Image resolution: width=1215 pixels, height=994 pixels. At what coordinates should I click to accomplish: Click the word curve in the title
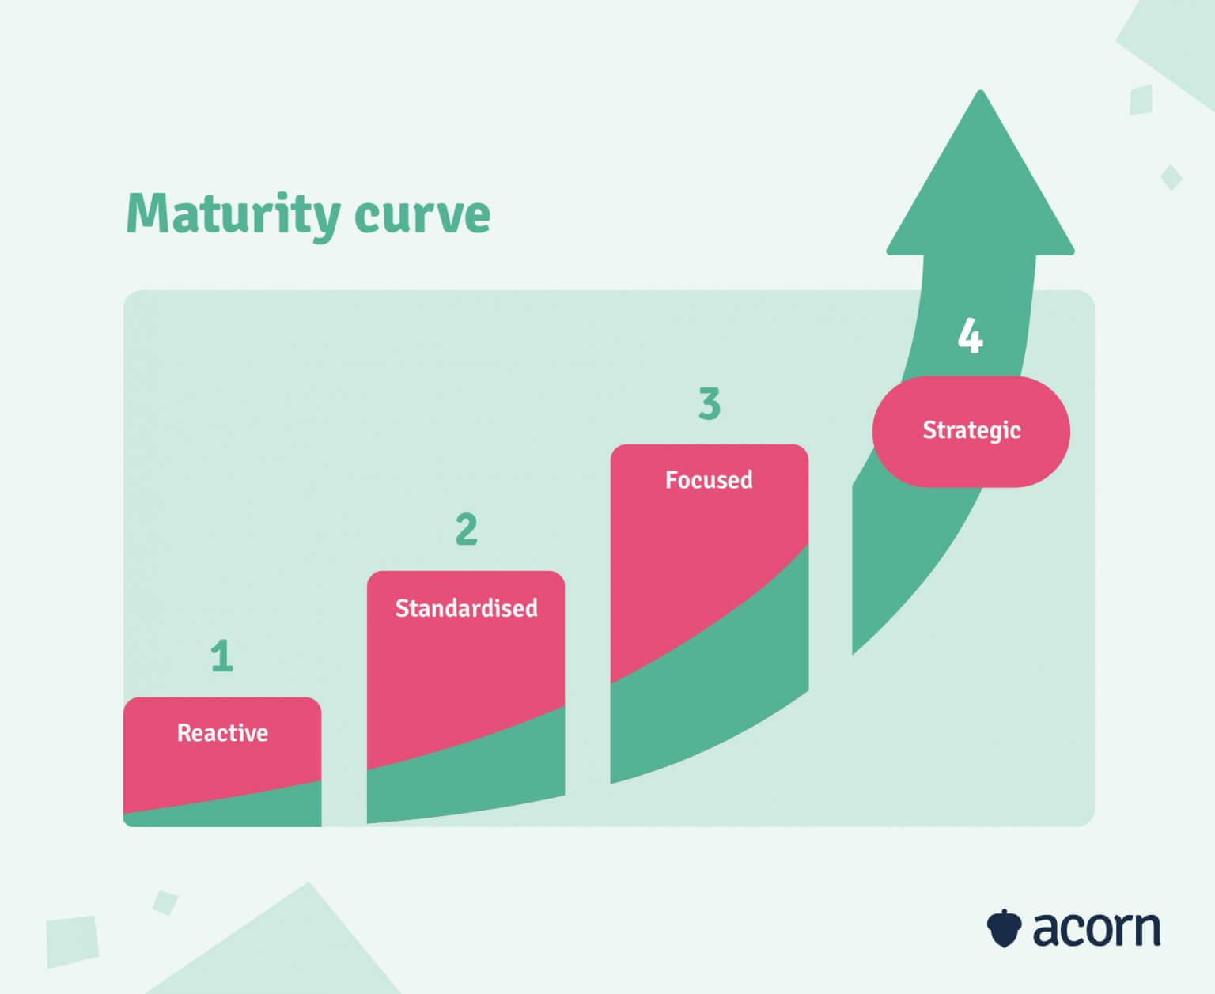(422, 214)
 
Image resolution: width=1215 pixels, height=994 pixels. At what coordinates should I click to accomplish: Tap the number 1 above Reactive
(222, 656)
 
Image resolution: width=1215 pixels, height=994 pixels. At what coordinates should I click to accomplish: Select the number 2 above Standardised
(466, 529)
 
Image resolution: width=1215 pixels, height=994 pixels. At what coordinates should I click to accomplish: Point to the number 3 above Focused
(710, 403)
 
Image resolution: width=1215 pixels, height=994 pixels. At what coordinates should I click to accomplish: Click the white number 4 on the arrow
(971, 335)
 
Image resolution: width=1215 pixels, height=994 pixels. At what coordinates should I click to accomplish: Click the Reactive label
(222, 733)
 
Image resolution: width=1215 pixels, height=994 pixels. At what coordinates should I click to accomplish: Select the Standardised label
(466, 608)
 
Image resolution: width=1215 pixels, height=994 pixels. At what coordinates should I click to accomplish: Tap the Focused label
(709, 480)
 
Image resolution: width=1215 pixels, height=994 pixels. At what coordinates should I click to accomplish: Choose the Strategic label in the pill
(971, 430)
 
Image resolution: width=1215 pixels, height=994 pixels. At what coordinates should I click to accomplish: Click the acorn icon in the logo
(1004, 928)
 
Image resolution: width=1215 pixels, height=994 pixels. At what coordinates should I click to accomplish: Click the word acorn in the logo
(1096, 929)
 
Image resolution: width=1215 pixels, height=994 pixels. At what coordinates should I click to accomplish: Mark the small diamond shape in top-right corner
(1171, 177)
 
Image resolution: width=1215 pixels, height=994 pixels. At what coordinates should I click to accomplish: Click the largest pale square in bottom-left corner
(72, 941)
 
